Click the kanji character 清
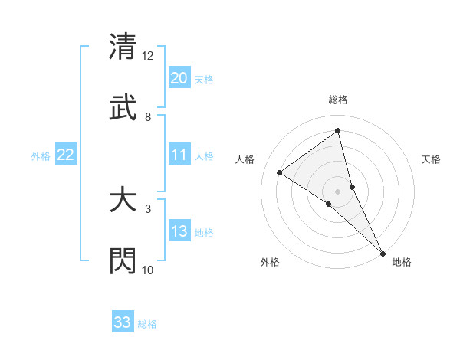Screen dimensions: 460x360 pos(123,46)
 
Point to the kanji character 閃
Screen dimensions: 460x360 pos(123,260)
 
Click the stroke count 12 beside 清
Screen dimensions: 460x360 pos(148,56)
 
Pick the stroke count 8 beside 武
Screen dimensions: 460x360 pos(148,117)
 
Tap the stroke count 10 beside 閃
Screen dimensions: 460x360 pos(148,270)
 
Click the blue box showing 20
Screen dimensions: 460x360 pos(179,78)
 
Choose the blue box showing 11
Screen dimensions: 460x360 pos(179,155)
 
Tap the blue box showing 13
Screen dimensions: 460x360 pos(179,231)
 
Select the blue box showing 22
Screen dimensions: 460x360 pos(66,155)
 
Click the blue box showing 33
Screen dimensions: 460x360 pos(123,322)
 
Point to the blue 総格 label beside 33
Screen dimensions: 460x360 pos(147,324)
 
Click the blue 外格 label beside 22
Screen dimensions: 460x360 pos(41,156)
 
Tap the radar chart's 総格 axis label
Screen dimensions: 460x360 pos(338,100)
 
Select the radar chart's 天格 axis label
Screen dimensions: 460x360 pos(432,159)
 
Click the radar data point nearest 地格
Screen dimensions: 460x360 pos(383,252)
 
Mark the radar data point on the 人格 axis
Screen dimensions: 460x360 pos(280,172)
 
